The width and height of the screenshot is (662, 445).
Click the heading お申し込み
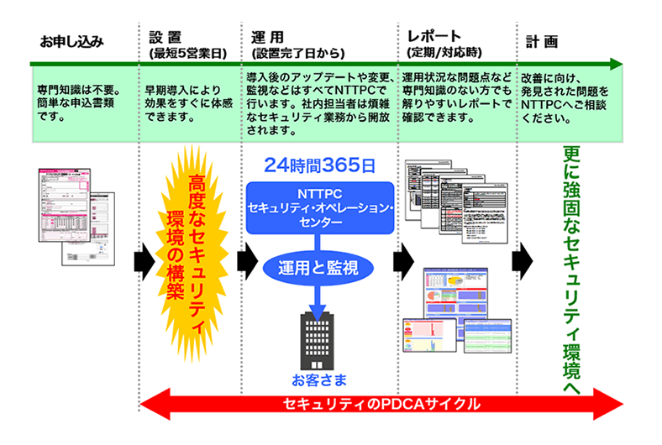pyautogui.click(x=71, y=39)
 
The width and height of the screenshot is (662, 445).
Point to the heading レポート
pyautogui.click(x=433, y=38)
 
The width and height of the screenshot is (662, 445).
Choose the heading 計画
pyautogui.click(x=542, y=39)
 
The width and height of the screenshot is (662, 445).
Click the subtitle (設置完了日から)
pyautogui.click(x=295, y=54)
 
